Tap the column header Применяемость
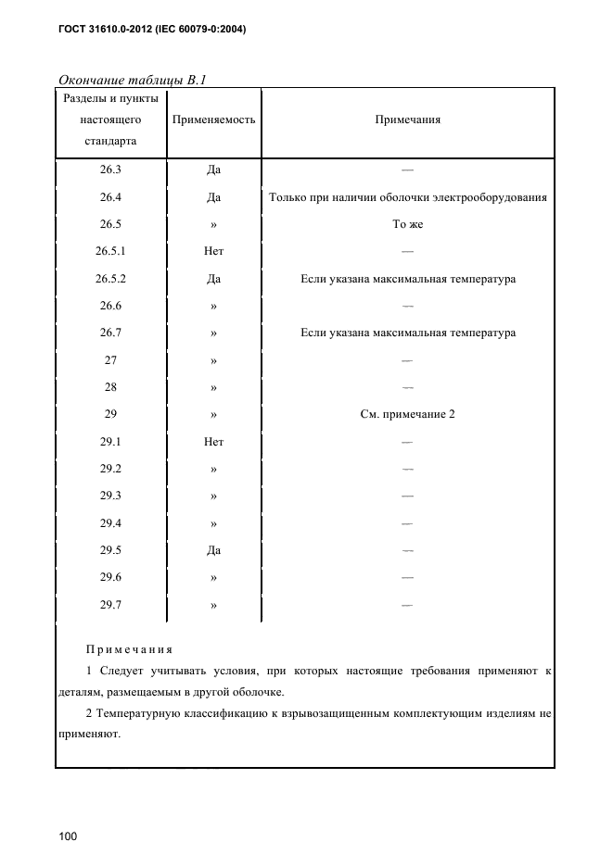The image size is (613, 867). coord(213,120)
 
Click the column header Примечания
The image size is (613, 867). coord(407,120)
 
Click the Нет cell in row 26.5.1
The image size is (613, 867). coord(213,252)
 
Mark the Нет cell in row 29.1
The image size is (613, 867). coord(213,442)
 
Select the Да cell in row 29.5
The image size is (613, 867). coord(213,550)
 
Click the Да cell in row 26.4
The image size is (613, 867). coord(213,197)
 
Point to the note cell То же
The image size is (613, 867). coord(407,225)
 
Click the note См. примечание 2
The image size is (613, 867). coord(407,415)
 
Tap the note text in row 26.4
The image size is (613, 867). coord(407,197)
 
